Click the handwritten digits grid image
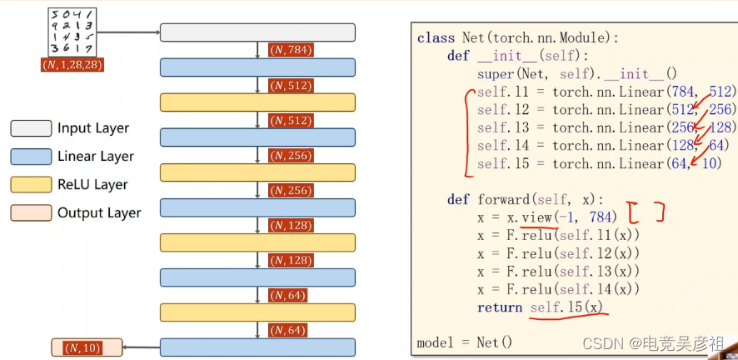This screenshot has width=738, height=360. [73, 32]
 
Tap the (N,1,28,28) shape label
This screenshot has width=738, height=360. [72, 64]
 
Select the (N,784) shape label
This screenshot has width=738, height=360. [290, 51]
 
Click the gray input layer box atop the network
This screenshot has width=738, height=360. [257, 32]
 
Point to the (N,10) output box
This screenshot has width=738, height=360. [87, 347]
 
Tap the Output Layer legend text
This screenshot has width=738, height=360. [99, 213]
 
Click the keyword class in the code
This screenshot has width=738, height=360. [436, 37]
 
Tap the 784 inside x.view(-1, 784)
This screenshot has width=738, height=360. [602, 217]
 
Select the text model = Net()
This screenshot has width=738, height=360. [464, 342]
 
